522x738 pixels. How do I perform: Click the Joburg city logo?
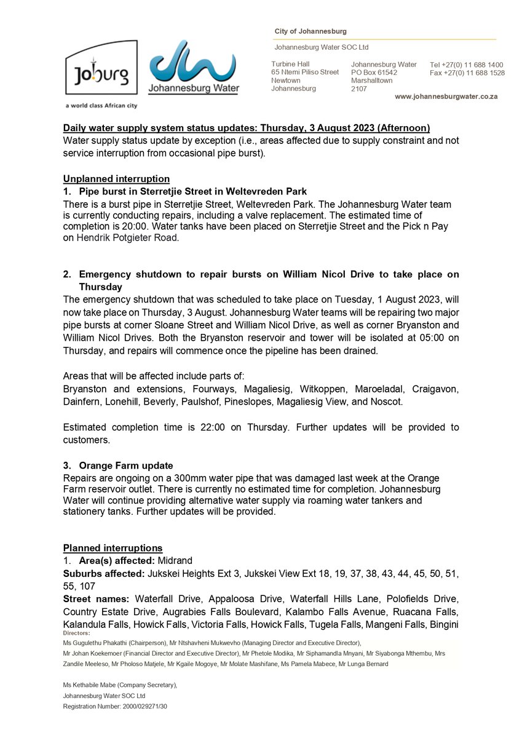(x=101, y=68)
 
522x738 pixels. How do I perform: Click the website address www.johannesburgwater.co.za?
(x=446, y=97)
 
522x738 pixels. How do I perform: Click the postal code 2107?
(x=358, y=89)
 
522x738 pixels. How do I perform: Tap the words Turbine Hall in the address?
(x=290, y=64)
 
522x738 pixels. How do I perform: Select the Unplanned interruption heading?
(x=116, y=179)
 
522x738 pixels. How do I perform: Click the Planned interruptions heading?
(x=113, y=548)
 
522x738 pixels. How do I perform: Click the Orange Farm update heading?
(x=126, y=466)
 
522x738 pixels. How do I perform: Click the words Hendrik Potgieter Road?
(x=127, y=238)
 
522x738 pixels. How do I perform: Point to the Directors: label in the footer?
(x=77, y=633)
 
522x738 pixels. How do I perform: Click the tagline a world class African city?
(x=101, y=106)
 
